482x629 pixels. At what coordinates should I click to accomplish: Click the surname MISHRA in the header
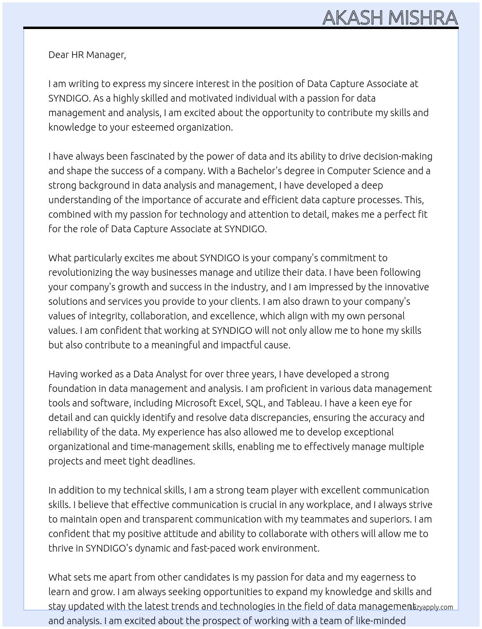[x=423, y=17]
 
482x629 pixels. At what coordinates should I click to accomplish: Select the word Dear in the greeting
[x=59, y=55]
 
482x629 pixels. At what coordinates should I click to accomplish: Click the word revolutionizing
[x=80, y=272]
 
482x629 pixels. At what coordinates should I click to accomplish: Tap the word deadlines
[x=171, y=461]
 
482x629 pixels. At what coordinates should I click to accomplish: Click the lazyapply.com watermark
[x=431, y=607]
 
